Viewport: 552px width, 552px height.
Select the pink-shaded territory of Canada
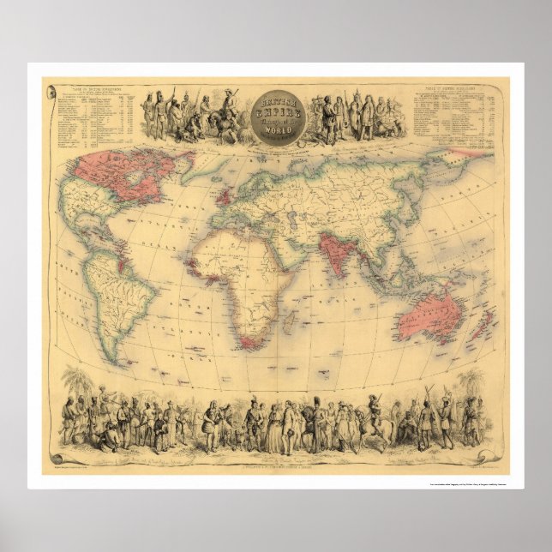click(x=111, y=171)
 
